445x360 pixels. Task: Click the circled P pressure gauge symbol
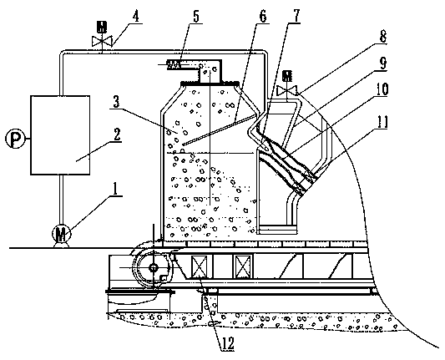[x=15, y=139]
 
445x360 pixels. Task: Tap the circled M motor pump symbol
[x=62, y=234]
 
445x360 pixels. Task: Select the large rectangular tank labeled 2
[x=60, y=134]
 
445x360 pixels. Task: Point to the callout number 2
[x=117, y=134]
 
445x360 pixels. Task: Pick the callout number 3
[x=116, y=102]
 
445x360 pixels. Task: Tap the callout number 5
[x=196, y=16]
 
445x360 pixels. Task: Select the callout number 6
[x=262, y=16]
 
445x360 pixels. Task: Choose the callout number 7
[x=296, y=16]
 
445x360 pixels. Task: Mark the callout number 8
[x=383, y=37]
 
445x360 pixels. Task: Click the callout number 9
[x=383, y=63]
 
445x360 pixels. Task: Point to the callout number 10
[x=382, y=89]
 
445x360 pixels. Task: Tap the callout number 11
[x=382, y=122]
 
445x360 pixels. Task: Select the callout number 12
[x=228, y=344]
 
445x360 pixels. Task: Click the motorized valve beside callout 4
[x=102, y=35]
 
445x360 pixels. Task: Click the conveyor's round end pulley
[x=154, y=267]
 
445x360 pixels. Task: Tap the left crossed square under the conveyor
[x=200, y=266]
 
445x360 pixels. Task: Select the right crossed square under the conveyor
[x=244, y=266]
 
